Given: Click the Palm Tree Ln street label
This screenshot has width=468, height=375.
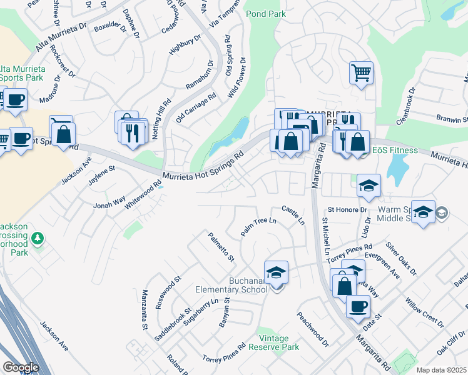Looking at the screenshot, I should pyautogui.click(x=259, y=227).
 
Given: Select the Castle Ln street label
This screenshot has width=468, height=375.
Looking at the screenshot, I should pyautogui.click(x=293, y=216).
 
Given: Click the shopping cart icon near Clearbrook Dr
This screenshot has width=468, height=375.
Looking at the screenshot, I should pyautogui.click(x=361, y=73).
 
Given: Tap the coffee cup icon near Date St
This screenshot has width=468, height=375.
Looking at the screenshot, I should pyautogui.click(x=358, y=306).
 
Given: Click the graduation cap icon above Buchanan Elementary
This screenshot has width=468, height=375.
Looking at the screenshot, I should pyautogui.click(x=276, y=272).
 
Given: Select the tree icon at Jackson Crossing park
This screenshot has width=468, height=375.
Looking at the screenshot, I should pyautogui.click(x=38, y=238).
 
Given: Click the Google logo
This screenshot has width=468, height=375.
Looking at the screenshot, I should pyautogui.click(x=21, y=367).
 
